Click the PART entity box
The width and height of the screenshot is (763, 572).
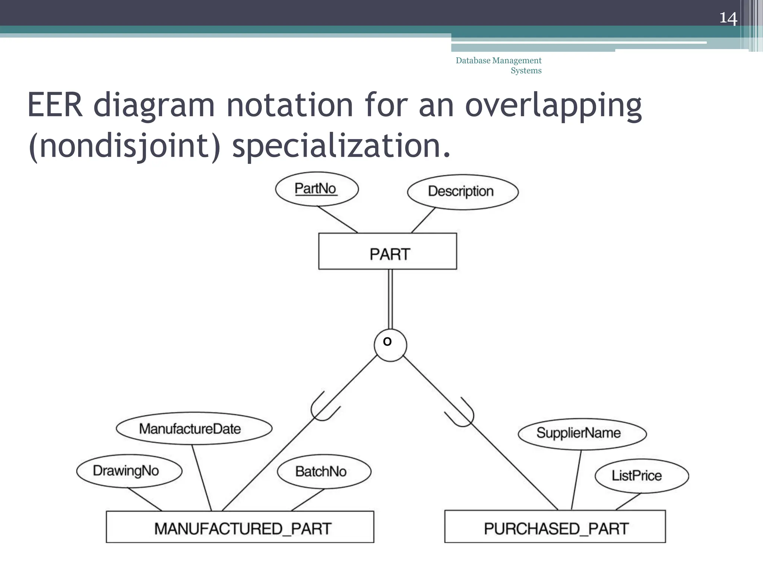point(387,251)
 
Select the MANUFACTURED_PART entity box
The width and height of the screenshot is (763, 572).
point(240,527)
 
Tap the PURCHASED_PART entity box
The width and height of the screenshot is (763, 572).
point(555,527)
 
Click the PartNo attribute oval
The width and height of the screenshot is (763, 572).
point(317,189)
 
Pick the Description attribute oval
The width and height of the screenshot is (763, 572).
point(462,192)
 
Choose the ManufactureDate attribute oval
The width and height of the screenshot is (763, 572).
point(194,428)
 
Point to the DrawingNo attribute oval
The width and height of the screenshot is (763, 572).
point(129,471)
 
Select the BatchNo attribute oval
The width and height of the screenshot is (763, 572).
point(324,471)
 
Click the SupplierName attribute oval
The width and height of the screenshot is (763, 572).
point(582,433)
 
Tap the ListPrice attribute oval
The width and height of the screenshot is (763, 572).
point(642,476)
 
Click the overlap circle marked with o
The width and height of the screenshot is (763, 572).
point(390,345)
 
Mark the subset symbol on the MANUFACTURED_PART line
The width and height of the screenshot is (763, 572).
point(323,408)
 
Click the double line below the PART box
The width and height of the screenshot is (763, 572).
point(390,299)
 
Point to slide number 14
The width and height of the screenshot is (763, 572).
point(728,18)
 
